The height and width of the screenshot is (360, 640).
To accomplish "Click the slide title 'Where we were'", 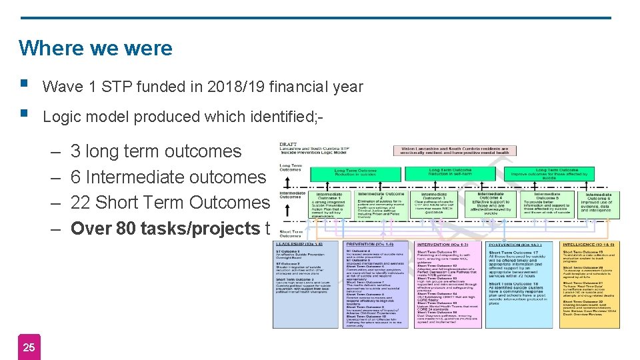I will (95, 48).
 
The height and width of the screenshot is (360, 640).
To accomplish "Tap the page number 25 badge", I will (29, 347).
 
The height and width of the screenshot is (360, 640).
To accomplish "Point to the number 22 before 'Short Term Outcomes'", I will (81, 202).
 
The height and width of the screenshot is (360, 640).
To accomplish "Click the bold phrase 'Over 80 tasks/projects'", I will (165, 229).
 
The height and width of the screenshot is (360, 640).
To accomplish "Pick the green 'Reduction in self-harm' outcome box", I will (450, 173).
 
